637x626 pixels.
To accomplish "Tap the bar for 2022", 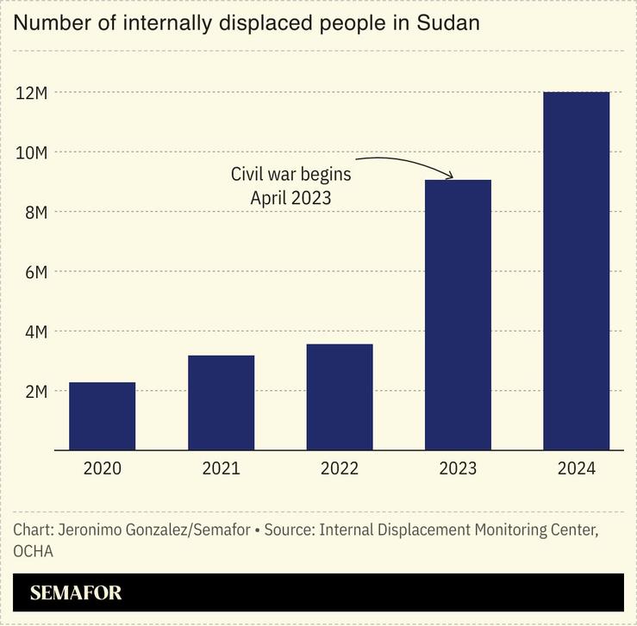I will (340, 397).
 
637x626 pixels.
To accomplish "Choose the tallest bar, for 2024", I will (576, 270).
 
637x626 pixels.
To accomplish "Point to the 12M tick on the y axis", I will (31, 92).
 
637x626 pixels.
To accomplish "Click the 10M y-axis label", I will (31, 152).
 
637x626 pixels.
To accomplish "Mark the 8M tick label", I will (34, 212).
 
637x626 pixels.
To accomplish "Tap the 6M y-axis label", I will (34, 271).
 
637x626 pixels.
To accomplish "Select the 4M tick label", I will (34, 332).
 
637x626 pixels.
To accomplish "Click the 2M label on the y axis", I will (34, 391).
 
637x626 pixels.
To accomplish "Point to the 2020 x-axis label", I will (102, 469).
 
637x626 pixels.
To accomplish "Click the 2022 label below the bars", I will (340, 469).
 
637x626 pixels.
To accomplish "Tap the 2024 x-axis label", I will (576, 469).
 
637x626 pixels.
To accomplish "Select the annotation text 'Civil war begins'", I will (290, 174).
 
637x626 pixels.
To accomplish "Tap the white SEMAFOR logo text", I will (76, 593).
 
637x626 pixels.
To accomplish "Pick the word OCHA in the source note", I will (33, 551).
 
